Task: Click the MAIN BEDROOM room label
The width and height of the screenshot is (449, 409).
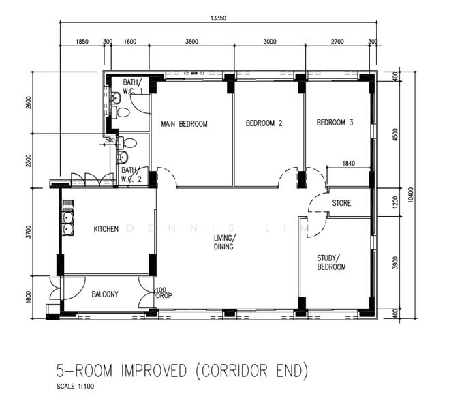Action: coord(184,124)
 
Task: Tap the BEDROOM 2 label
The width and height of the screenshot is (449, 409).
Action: coord(264,123)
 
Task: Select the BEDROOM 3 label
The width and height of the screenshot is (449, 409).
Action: coord(335,123)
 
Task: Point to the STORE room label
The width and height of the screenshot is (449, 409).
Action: coord(341,203)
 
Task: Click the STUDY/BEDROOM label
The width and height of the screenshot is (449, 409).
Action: coord(331,262)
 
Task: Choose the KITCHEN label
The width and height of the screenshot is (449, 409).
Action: coord(106,229)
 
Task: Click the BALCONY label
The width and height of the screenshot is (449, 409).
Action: coord(105,294)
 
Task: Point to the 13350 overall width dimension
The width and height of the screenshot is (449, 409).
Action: coord(218,18)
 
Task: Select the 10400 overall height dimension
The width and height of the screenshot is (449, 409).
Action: coord(411,195)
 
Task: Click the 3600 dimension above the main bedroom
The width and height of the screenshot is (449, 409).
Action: coord(191,42)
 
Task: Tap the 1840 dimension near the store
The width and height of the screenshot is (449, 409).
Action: coord(348,163)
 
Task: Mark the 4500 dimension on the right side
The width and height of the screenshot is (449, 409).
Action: coord(395,134)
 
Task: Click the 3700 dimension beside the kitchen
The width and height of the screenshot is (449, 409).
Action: coord(28,232)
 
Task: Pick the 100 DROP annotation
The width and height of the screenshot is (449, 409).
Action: coord(164,293)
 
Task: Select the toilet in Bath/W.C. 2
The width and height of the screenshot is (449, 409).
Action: coord(127,142)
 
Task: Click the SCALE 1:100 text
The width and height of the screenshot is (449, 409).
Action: coord(76,386)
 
